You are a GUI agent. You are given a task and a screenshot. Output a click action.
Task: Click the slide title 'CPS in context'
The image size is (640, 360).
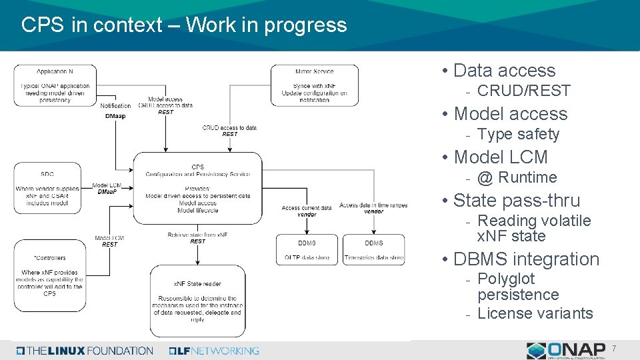tap(184, 25)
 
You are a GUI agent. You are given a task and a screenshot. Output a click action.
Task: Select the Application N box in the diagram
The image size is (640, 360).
tap(55, 85)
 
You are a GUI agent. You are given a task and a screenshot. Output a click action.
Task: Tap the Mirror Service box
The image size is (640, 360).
tap(314, 85)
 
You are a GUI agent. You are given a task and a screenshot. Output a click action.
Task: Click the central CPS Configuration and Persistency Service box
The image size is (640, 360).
tap(197, 187)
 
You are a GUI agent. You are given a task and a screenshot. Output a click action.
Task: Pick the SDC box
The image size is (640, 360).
tap(47, 189)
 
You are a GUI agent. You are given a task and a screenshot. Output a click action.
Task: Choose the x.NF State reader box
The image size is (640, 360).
tap(197, 301)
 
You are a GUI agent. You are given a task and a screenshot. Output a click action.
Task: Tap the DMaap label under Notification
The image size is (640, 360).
tap(115, 116)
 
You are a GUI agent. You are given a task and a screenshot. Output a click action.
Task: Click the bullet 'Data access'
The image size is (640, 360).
tap(504, 71)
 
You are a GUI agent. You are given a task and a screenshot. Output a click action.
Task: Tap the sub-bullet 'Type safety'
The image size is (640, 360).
tap(519, 134)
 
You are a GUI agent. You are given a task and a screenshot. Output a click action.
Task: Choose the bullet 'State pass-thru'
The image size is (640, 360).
tap(517, 200)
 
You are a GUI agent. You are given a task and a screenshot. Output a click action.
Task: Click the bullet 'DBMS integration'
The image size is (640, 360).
tap(526, 259)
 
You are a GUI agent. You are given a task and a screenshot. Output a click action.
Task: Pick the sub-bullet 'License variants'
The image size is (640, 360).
tap(535, 313)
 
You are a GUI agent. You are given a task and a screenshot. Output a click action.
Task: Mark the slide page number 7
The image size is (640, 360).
tap(614, 348)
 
